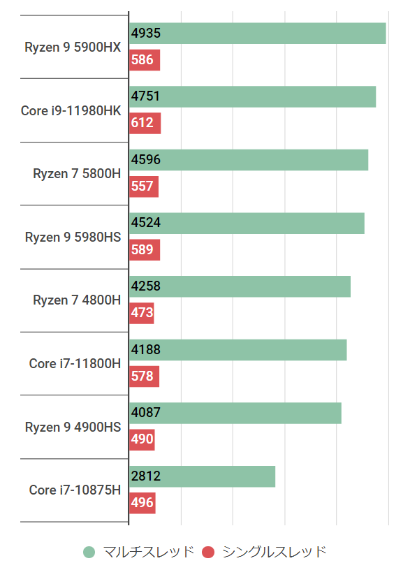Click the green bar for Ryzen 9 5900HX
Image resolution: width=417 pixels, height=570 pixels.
point(257,34)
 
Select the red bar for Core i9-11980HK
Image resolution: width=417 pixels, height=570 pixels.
point(145,123)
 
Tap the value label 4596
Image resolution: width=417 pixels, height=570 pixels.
point(146,160)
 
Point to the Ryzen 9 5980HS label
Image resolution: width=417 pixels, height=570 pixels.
point(73,237)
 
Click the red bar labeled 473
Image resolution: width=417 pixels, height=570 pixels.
point(142,313)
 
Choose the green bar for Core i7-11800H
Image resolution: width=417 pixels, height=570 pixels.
point(237,350)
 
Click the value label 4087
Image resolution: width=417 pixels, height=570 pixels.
point(146,413)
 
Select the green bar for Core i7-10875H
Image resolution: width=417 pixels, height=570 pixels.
point(202,476)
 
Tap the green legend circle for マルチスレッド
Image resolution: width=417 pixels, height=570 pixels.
point(89,552)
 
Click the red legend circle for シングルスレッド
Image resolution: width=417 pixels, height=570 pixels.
point(207,552)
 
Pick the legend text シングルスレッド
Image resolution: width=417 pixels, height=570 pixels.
point(274,552)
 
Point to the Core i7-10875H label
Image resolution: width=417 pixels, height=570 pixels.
point(75,490)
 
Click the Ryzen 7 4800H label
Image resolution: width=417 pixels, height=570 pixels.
point(77,300)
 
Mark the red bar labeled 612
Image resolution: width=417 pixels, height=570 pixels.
point(145,123)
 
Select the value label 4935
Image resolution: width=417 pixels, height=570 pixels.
point(146,33)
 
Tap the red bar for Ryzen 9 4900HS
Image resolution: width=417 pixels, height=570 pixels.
point(142,439)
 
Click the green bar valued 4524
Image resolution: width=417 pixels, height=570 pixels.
point(247,224)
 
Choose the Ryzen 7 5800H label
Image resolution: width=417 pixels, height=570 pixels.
point(77,173)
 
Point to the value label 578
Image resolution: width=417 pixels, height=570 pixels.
point(142,377)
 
